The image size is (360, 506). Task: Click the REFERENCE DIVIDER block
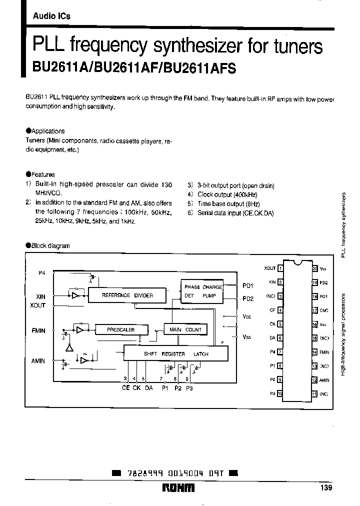coord(127,295)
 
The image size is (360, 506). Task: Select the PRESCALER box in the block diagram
coord(120,330)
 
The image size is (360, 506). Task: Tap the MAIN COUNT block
coord(185,330)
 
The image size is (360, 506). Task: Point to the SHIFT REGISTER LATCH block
coord(176,353)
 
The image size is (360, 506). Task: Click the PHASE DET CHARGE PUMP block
coord(203,291)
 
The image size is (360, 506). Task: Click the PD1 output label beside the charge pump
coord(248,286)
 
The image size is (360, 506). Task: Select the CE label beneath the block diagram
coord(125,388)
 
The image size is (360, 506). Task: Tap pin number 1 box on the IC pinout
coord(280,268)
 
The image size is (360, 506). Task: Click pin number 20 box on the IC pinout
coord(314,268)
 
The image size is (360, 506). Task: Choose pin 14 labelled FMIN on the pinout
coord(314,352)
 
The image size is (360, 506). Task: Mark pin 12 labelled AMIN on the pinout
coord(314,380)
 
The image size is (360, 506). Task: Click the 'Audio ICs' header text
coord(51,16)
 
